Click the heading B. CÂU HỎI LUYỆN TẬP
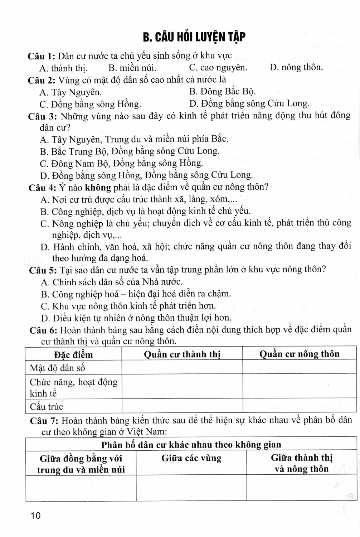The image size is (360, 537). tap(194, 37)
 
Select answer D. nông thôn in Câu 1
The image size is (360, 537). tap(296, 67)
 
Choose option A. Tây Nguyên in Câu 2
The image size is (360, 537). tap(70, 92)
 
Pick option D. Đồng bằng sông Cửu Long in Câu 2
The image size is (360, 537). tap(249, 104)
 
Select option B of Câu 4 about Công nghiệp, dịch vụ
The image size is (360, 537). tap(146, 211)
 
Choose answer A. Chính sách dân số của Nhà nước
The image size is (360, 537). tap(112, 282)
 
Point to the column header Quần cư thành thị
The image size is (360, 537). tap(182, 354)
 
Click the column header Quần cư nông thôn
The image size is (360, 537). tap(299, 354)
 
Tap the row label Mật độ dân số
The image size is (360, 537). tap(57, 368)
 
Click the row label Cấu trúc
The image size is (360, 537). tap(46, 407)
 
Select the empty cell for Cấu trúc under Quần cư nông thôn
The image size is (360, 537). tap(299, 406)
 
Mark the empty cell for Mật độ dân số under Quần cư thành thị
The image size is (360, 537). tap(182, 368)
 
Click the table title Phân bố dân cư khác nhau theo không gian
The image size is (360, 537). tap(191, 445)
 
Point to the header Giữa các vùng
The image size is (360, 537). tap(191, 458)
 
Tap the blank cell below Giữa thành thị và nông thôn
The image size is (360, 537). tap(301, 488)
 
